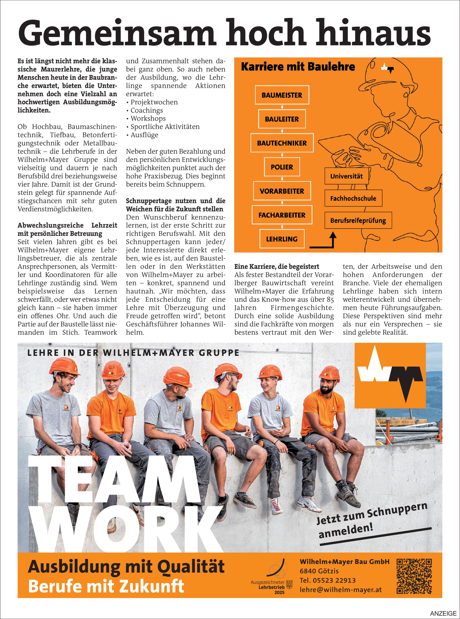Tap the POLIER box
pyautogui.click(x=282, y=167)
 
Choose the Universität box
pyautogui.click(x=346, y=176)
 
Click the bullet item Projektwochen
pyautogui.click(x=154, y=102)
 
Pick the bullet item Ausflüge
pyautogui.click(x=144, y=135)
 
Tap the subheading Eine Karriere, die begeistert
pyautogui.click(x=277, y=266)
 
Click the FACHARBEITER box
pyautogui.click(x=282, y=215)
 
